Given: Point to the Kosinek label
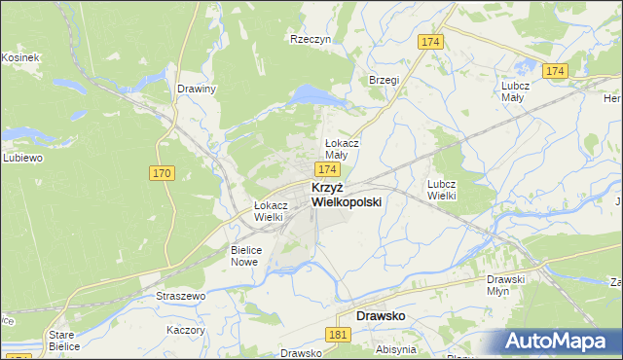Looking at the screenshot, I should [x=19, y=58].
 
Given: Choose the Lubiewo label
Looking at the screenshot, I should [x=21, y=158].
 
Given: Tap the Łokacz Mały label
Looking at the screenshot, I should [x=342, y=148].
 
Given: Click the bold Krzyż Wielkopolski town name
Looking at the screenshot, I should [x=346, y=194].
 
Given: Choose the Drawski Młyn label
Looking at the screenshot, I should [x=506, y=284].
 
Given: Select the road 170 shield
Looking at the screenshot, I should [x=162, y=173].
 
